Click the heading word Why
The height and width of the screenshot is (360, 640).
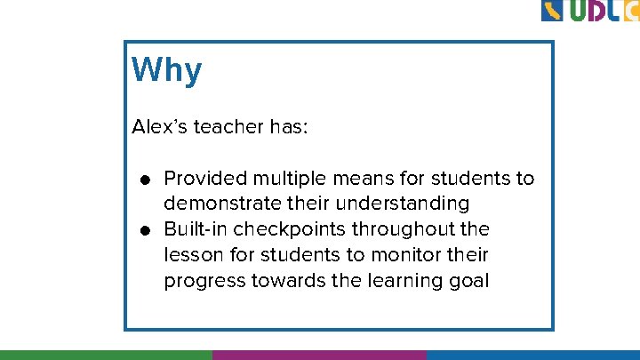click(x=167, y=70)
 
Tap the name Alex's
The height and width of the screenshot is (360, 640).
click(x=160, y=127)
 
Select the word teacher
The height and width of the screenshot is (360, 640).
click(x=228, y=127)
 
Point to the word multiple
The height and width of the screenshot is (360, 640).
click(x=285, y=179)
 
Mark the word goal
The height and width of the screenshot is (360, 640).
click(x=468, y=282)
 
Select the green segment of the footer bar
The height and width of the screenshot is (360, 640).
click(x=106, y=355)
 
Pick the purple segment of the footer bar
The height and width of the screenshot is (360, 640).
click(x=319, y=355)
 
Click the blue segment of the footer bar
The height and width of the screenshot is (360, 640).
click(x=532, y=355)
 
